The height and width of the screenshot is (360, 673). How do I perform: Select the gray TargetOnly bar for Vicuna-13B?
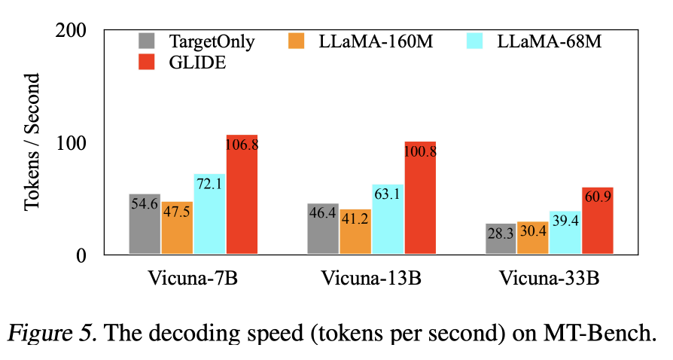[323, 229]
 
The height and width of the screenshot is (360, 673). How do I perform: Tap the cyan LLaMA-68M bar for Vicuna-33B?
[565, 233]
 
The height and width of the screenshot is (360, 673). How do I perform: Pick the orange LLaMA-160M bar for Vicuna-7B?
[177, 227]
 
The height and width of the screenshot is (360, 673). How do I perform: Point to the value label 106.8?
[242, 145]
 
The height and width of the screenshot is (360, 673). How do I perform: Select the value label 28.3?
[501, 234]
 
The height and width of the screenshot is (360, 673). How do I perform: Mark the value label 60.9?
[598, 200]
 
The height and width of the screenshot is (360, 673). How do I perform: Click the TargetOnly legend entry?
[196, 41]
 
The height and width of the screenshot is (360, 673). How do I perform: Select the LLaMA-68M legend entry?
[535, 41]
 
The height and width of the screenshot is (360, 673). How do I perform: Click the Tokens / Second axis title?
[35, 143]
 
